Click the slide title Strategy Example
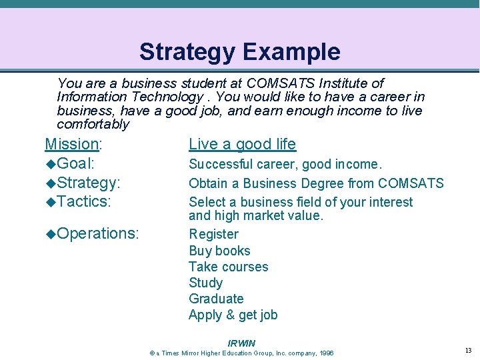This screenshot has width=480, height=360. click(x=239, y=51)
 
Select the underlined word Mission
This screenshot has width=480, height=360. click(x=71, y=144)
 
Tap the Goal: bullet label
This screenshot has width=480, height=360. click(x=78, y=164)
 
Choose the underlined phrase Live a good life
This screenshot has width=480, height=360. click(x=242, y=144)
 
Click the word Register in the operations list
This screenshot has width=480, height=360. click(x=213, y=234)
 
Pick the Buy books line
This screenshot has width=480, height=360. click(x=219, y=251)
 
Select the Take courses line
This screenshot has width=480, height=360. click(x=228, y=267)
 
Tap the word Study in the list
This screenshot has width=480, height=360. click(x=205, y=283)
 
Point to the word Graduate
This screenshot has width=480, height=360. click(x=216, y=299)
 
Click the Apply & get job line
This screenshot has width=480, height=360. click(x=233, y=315)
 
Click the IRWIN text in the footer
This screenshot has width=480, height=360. click(x=241, y=343)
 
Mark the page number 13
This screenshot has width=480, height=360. click(x=468, y=351)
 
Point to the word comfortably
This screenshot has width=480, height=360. click(x=93, y=125)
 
